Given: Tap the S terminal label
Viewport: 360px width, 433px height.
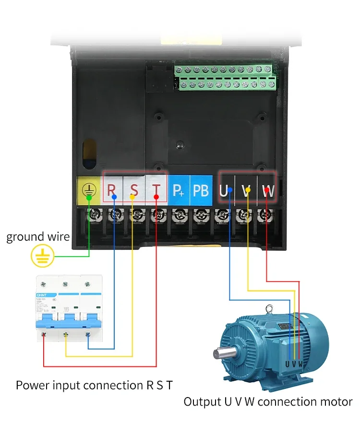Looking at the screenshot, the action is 134,190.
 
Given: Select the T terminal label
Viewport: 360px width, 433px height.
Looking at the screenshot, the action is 156,190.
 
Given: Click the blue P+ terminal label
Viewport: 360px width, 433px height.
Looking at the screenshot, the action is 179,191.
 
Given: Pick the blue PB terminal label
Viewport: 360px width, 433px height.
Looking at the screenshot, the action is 201,190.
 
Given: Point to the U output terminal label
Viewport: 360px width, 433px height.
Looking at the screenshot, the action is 224,191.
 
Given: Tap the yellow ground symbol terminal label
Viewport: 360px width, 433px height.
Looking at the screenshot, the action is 88,190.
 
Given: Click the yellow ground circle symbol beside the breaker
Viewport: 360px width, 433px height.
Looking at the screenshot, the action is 41,256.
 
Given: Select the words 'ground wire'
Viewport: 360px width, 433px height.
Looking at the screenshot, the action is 38,236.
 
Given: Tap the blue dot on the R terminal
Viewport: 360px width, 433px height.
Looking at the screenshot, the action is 114,197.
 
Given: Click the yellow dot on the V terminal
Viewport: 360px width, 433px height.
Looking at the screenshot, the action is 247,190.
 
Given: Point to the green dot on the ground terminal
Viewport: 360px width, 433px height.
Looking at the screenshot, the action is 89,197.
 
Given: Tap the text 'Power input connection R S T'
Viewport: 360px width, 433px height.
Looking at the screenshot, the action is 94,385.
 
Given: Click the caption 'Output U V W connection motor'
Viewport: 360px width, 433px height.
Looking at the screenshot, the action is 268,402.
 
